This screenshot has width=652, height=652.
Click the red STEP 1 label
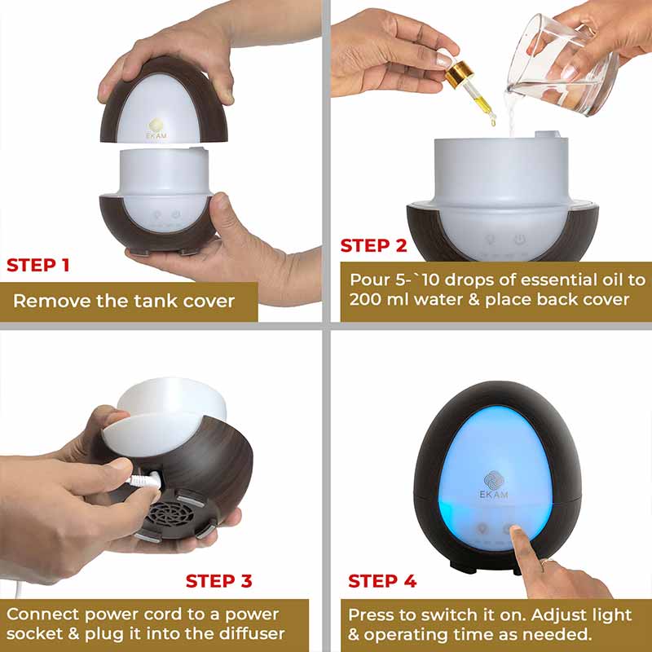click(x=37, y=265)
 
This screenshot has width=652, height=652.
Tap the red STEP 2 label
click(x=373, y=245)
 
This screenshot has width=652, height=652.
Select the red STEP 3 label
click(x=218, y=581)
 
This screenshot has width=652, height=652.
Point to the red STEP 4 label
click(x=382, y=581)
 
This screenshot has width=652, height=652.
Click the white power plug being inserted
click(x=146, y=479)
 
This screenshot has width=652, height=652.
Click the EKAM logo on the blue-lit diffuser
click(x=494, y=484)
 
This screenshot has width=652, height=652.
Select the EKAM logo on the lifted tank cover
click(x=156, y=129)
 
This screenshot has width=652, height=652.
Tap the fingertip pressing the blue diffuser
click(x=516, y=531)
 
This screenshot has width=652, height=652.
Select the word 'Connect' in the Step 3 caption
click(x=43, y=615)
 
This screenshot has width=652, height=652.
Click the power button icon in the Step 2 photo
click(x=518, y=240)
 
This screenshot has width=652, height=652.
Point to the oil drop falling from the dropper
click(x=493, y=121)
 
